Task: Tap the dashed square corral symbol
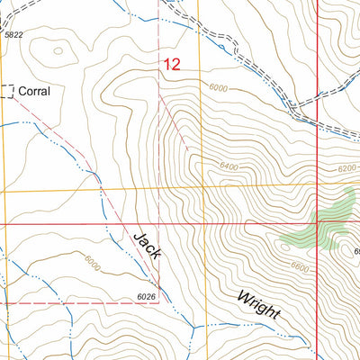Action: (x=8, y=91)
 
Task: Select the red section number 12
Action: (x=172, y=65)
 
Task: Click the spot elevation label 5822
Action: (x=13, y=34)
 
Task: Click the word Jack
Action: (x=147, y=246)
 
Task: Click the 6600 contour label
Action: (x=301, y=266)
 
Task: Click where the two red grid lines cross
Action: (x=320, y=222)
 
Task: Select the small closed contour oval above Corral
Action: (x=59, y=50)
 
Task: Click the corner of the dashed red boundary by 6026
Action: (x=160, y=302)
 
